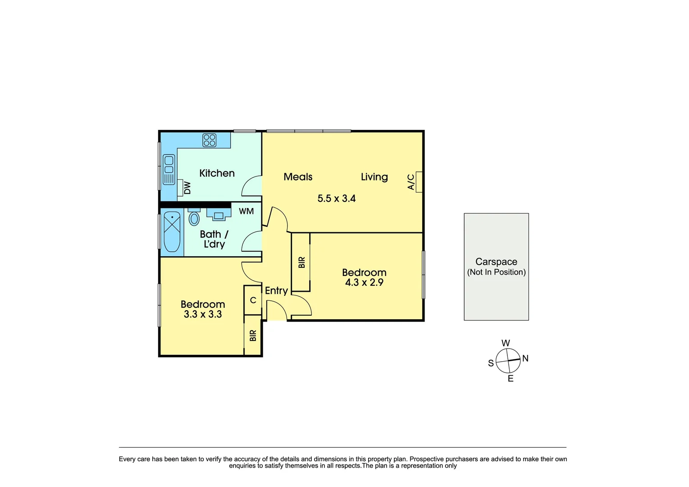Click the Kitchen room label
pos(217,173)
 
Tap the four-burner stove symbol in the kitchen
pos(209,140)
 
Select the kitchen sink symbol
pos(169,169)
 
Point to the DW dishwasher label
pos(187,188)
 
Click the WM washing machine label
pos(246,211)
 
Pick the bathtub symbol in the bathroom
pos(172,232)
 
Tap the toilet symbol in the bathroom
pos(194,218)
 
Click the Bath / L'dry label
pos(214,239)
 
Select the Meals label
pos(298,177)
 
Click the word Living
pos(374,177)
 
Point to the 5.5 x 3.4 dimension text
pos(336,198)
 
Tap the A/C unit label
pos(411,182)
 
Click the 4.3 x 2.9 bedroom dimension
pos(364,283)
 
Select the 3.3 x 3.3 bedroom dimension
pos(202,314)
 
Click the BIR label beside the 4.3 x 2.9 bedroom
pos(301,262)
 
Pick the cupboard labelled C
pos(253,300)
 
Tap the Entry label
pos(276,290)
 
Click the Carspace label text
pos(496,262)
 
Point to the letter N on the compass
pos(525,358)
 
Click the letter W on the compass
pos(506,343)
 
